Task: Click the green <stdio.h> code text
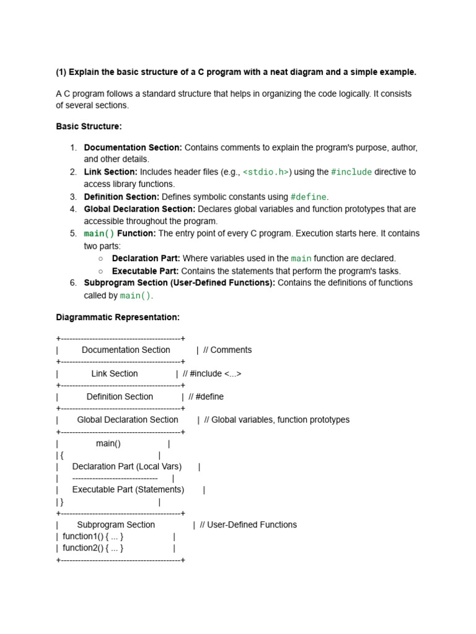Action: pos(266,172)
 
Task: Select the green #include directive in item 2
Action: pos(351,172)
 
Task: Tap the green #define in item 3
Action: pos(308,197)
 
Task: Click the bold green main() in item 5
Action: pos(99,234)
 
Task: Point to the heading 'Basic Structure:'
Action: pos(89,126)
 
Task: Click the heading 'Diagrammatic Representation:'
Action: pos(118,317)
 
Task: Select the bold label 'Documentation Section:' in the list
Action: pos(133,147)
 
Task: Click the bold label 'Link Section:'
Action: pos(110,172)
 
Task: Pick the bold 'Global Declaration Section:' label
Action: pos(139,209)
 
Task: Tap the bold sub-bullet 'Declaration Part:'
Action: pos(146,258)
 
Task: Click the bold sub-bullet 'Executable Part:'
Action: pos(145,271)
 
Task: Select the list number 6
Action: pos(73,283)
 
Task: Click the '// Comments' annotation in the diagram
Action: pos(227,350)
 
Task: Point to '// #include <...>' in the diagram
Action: pos(212,373)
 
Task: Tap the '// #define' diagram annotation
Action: pos(206,397)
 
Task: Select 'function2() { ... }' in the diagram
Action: pos(93,548)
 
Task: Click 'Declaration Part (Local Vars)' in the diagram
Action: pos(127,466)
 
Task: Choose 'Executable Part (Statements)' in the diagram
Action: pos(128,489)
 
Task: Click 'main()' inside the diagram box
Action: pos(108,443)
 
